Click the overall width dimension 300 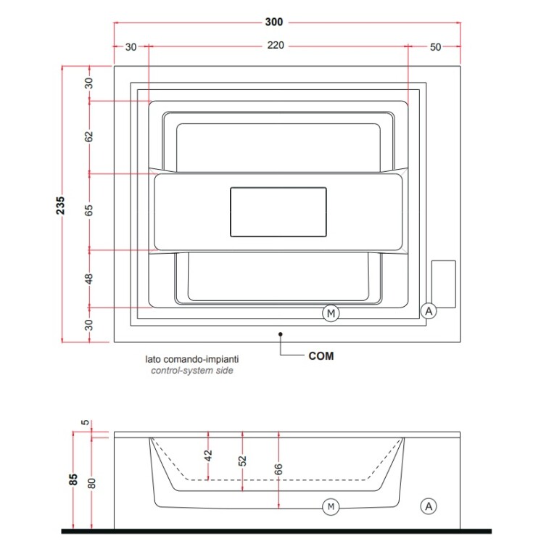(x=274, y=22)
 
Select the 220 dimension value (x=276, y=46)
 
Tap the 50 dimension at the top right (x=435, y=47)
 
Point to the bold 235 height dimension (x=60, y=205)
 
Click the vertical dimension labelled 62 (x=89, y=136)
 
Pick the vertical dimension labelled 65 (x=89, y=210)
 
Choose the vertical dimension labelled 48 (x=89, y=279)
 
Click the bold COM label (x=321, y=356)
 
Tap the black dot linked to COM (x=280, y=334)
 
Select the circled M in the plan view (x=331, y=313)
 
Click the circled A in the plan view (x=429, y=311)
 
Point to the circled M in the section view (x=331, y=506)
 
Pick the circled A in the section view (x=429, y=506)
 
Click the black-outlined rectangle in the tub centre (x=278, y=212)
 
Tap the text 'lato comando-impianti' (x=191, y=359)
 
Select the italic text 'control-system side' (x=192, y=371)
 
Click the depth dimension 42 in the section (x=207, y=456)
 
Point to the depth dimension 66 (x=278, y=469)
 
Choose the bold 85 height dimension (x=73, y=480)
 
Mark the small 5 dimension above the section (x=86, y=422)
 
